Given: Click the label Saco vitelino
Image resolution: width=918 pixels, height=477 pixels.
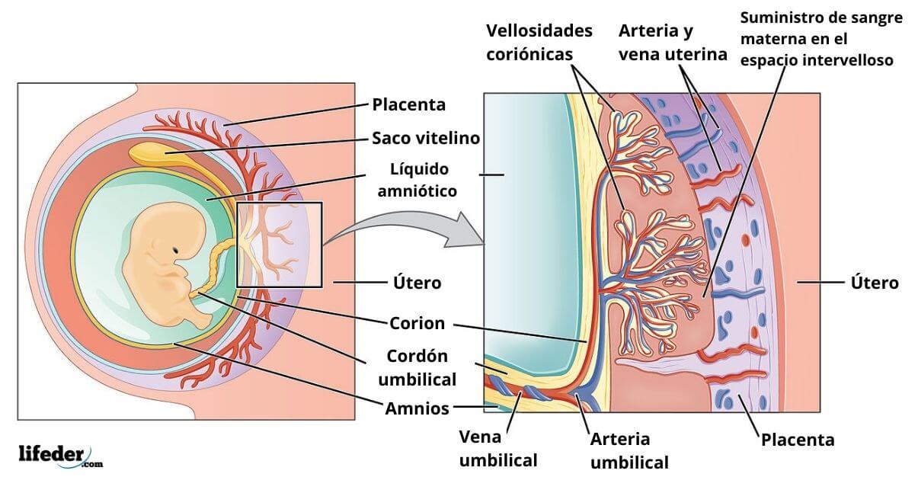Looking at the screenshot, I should (426, 138).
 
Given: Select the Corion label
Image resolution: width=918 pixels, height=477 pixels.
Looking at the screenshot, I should (417, 323).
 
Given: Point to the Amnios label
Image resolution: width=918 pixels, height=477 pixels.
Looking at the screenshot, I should (417, 408).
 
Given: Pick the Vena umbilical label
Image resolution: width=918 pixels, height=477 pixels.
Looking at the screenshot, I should (498, 449).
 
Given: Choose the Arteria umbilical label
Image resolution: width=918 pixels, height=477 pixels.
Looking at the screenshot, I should (630, 450).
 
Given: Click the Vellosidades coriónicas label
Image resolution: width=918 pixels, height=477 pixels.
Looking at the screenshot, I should (539, 43).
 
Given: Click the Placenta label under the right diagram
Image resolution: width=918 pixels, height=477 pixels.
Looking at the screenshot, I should (798, 440).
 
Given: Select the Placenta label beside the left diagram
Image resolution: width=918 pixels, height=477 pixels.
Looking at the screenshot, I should (408, 104).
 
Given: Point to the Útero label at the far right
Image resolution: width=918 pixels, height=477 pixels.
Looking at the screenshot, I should (874, 283).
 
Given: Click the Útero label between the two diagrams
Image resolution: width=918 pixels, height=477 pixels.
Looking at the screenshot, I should (417, 283).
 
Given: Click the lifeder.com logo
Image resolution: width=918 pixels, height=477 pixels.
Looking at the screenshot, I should (59, 455).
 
